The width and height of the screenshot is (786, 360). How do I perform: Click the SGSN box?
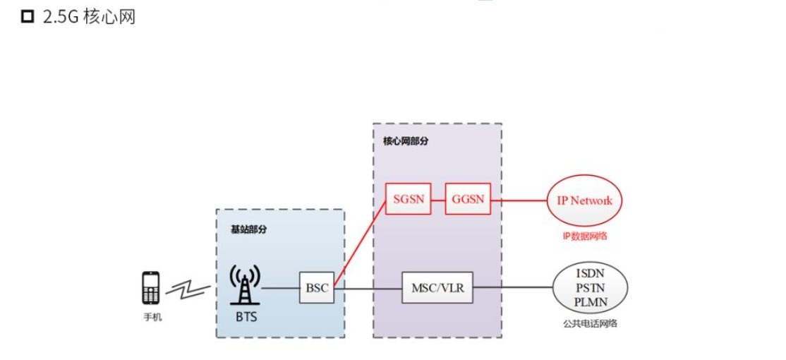pos(409,200)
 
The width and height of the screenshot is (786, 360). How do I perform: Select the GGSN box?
pos(468,200)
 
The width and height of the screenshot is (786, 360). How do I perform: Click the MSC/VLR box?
pos(438,288)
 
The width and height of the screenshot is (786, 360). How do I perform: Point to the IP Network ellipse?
pos(585,200)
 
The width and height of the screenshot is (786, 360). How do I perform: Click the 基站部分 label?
pos(249,229)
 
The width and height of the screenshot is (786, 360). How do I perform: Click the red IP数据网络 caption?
pos(585,236)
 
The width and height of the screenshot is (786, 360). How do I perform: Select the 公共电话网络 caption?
pos(591,324)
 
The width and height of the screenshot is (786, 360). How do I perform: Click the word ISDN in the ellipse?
pos(591,272)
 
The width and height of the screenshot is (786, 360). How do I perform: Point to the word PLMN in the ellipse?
pos(591,302)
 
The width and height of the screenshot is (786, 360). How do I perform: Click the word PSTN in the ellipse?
pos(591,287)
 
